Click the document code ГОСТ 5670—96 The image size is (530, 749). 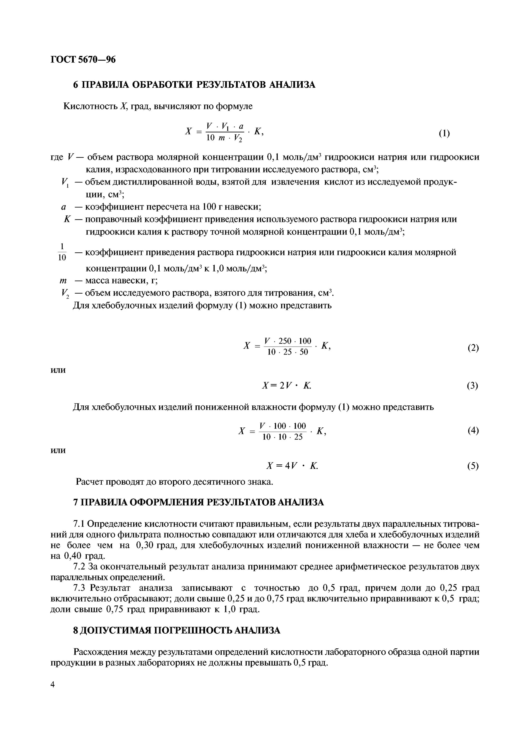click(x=83, y=60)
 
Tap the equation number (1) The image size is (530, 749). click(x=444, y=133)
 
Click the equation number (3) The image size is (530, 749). click(x=472, y=386)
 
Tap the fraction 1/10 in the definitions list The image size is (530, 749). click(x=62, y=252)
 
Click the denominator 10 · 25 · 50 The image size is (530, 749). click(x=287, y=352)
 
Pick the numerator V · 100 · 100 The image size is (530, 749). click(x=282, y=426)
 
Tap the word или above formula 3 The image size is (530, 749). click(x=58, y=370)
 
